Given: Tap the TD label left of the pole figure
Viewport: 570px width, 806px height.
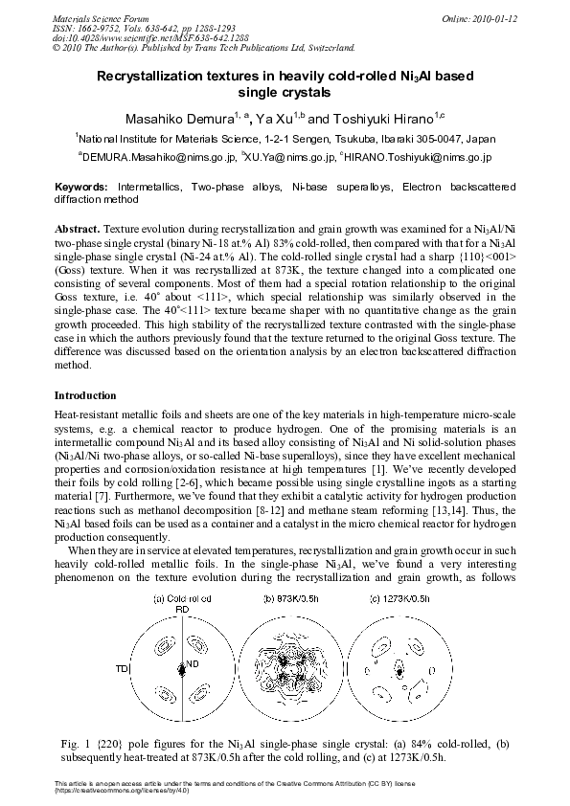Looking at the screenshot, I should coord(122,667).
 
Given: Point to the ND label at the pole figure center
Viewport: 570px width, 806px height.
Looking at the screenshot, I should coord(192,663).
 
